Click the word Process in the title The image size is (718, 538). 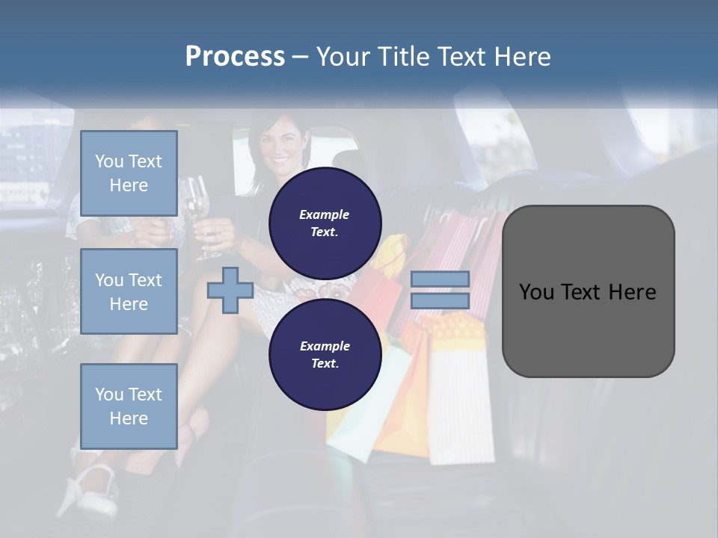point(235,56)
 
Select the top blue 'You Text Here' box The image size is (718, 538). point(129,173)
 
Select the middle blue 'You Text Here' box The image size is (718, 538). point(129,291)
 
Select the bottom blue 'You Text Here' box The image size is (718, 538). point(129,406)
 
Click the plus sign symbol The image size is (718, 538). point(230,290)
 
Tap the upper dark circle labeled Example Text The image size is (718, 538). point(325,223)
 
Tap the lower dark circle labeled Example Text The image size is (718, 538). point(325,355)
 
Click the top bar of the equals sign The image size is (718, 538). point(441,279)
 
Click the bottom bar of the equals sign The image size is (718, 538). point(441,300)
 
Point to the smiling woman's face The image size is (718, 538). point(279,149)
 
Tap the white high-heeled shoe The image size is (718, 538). point(90,486)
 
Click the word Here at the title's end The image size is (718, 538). point(523,56)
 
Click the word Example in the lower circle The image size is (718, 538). point(325,346)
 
